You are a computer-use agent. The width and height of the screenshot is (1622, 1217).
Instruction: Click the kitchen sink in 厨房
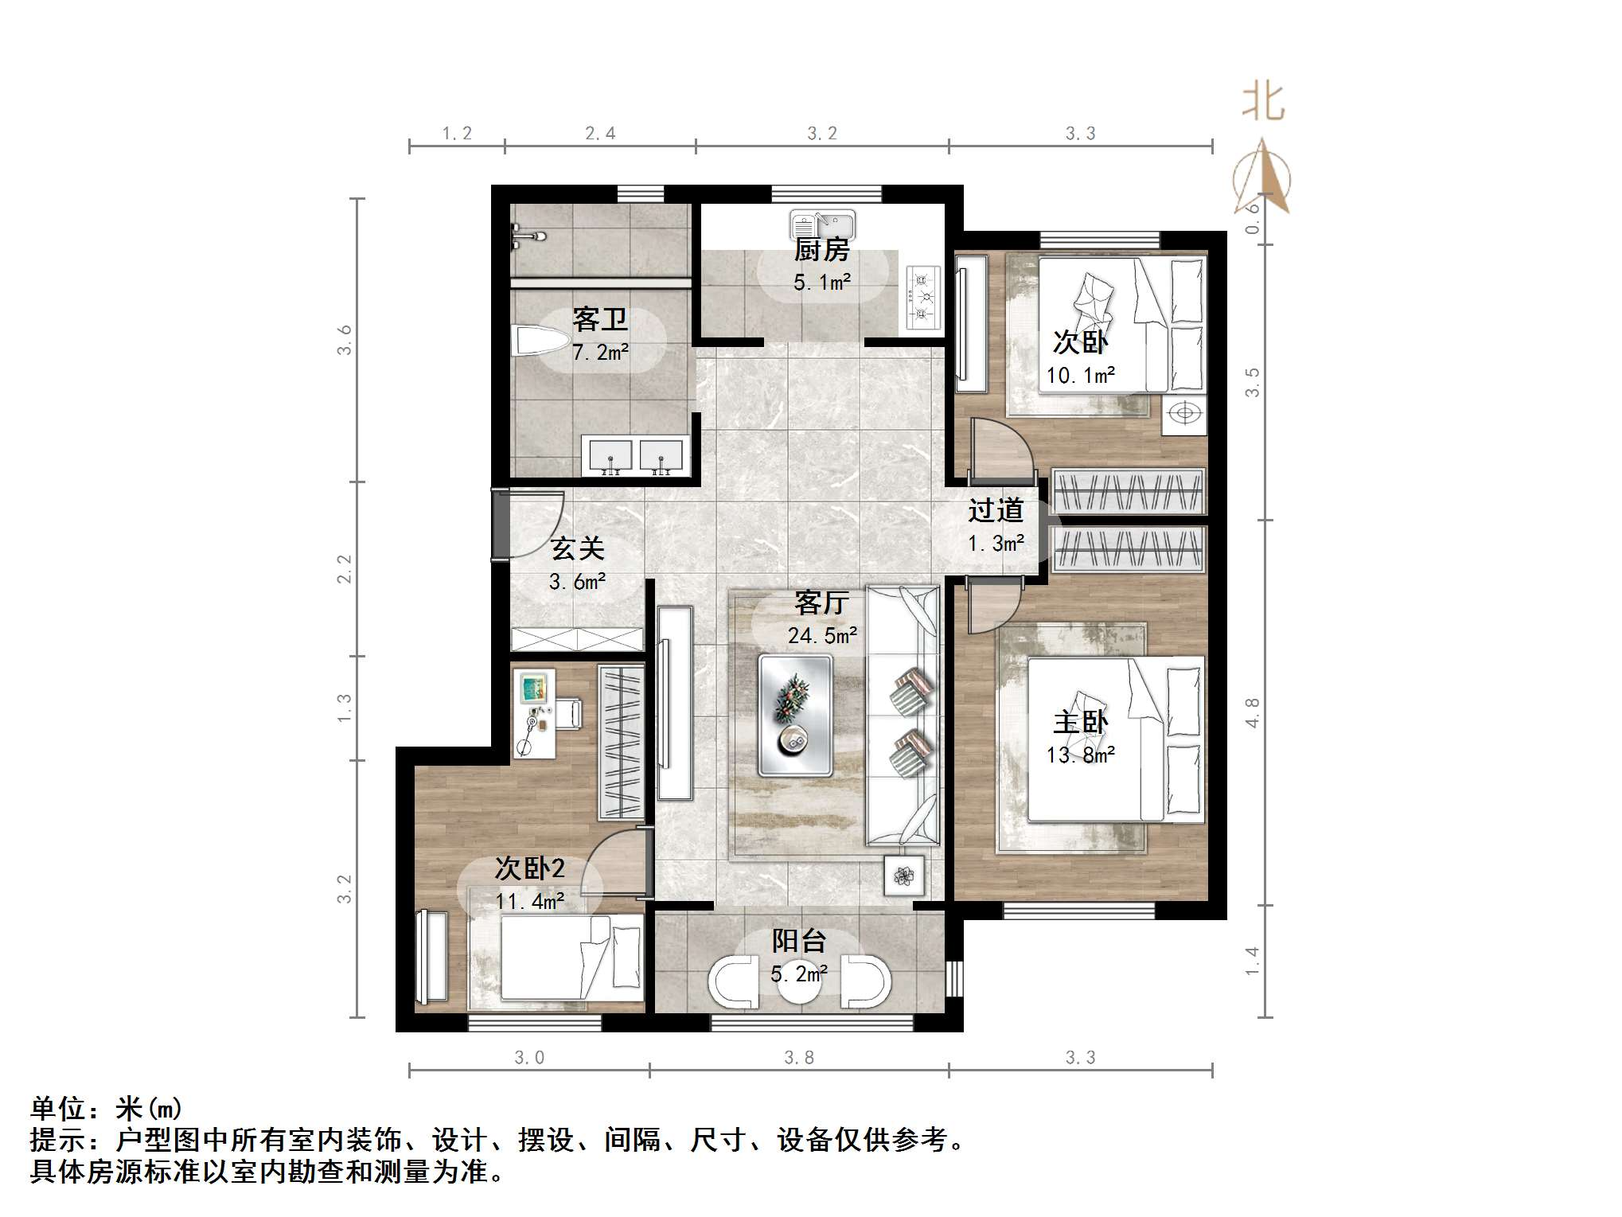pos(822,224)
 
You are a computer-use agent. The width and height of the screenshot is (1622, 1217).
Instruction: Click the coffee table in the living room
pos(795,715)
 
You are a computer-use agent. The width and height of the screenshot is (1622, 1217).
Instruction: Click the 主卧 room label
pos(1080,722)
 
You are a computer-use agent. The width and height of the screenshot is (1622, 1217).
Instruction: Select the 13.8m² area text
pos(1080,755)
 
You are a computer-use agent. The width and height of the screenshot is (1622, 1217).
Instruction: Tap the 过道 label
pos(996,510)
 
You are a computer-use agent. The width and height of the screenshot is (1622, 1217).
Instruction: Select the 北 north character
pos(1263,103)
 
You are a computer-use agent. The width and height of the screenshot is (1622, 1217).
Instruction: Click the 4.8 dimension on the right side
pos(1252,712)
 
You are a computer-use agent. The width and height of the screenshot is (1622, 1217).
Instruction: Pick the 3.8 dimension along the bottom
pos(798,1058)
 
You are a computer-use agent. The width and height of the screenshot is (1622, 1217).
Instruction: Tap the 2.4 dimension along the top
pos(600,134)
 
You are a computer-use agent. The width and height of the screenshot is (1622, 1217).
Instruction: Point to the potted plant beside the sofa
pos(904,876)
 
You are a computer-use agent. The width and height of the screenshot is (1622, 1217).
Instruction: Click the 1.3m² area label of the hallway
pos(996,544)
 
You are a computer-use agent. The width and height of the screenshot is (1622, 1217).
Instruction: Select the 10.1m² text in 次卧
pos(1080,375)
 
